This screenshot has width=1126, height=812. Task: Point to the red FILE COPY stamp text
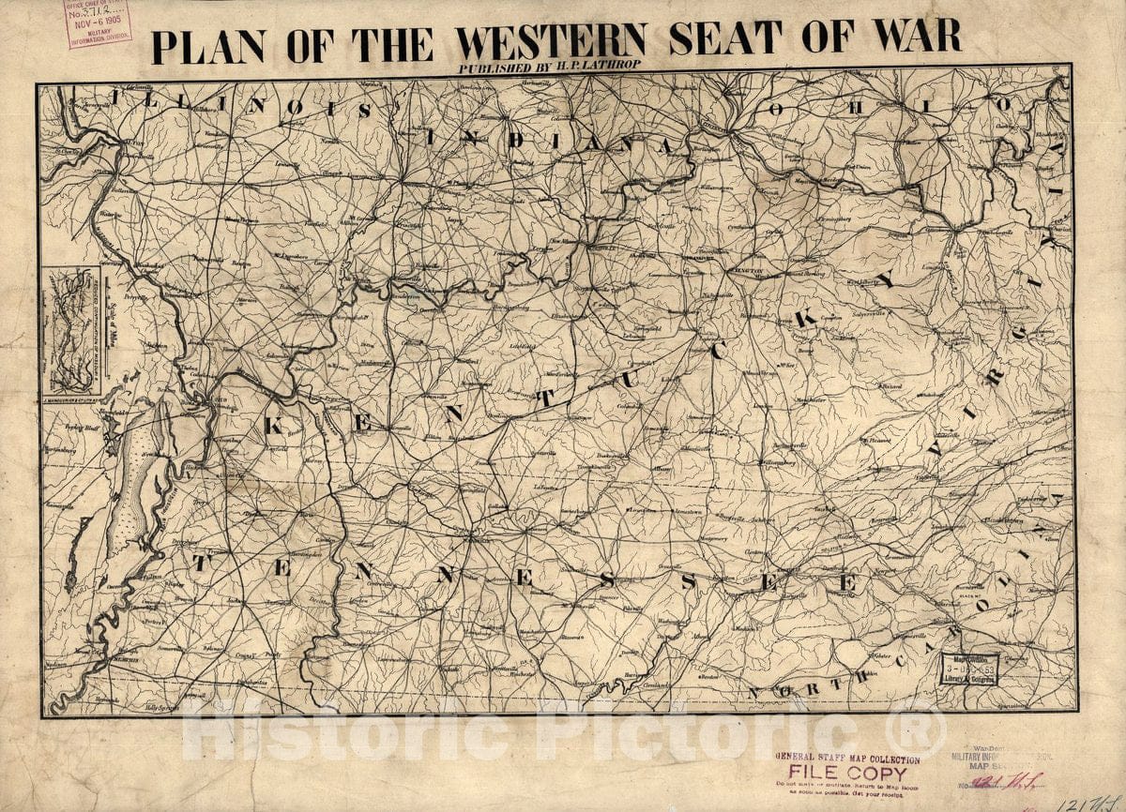[842, 774]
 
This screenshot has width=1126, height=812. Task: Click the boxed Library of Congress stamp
[969, 669]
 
